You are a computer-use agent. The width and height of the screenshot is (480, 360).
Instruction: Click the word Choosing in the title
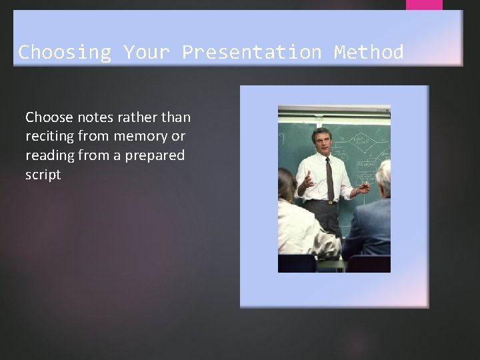(x=64, y=52)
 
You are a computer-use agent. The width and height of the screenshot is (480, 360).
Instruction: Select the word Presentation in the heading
(x=251, y=52)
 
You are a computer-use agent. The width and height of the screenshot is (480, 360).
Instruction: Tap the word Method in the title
(x=369, y=52)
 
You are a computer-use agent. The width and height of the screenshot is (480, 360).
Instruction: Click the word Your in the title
(x=146, y=52)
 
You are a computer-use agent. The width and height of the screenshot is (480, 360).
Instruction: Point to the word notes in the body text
(x=99, y=117)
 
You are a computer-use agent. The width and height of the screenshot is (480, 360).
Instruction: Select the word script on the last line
(x=43, y=175)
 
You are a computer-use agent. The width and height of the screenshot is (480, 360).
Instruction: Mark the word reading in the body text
(x=50, y=155)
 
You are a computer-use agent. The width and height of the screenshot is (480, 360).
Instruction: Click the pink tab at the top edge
(x=424, y=5)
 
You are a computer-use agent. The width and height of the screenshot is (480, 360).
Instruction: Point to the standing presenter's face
(x=321, y=141)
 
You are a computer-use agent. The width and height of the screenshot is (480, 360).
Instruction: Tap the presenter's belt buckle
(x=329, y=202)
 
